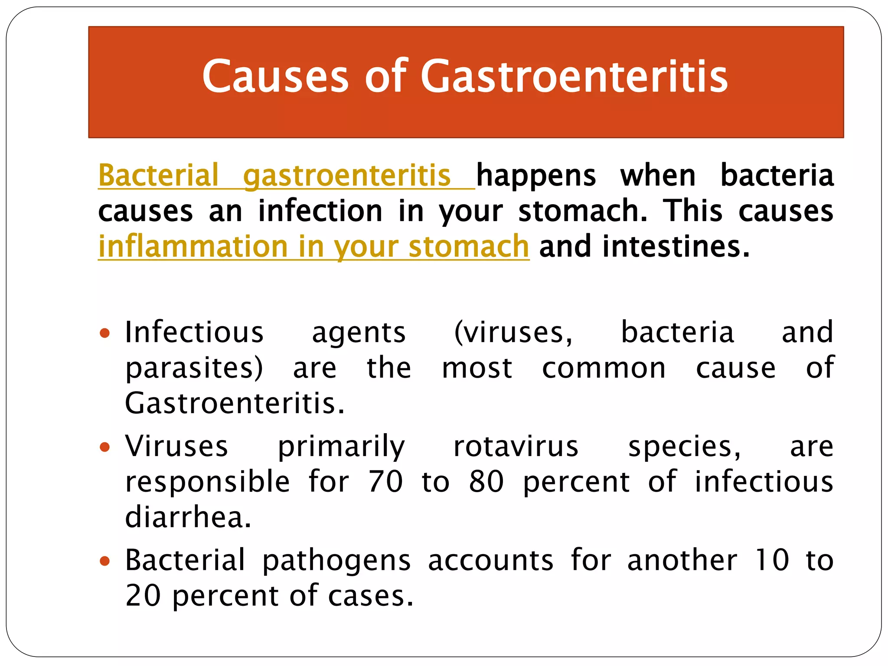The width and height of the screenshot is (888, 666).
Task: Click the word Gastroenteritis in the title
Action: point(574,76)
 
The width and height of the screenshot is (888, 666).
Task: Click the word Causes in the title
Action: point(275,76)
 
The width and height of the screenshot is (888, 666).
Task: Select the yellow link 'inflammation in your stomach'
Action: point(313,246)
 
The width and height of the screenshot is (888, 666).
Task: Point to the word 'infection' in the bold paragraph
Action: point(320,211)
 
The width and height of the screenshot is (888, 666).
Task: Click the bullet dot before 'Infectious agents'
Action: point(104,333)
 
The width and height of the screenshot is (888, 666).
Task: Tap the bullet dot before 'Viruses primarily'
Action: point(104,447)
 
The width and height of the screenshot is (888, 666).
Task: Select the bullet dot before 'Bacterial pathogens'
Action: point(104,561)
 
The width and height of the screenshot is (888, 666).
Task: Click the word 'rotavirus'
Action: point(516,447)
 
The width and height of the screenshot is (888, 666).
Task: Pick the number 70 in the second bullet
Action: point(385,482)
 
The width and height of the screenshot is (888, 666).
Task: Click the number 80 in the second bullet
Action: point(486,482)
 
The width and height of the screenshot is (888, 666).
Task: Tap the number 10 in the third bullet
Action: point(771,560)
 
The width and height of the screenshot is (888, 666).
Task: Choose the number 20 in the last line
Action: point(143,596)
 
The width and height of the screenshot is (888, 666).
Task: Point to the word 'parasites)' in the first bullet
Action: point(194,369)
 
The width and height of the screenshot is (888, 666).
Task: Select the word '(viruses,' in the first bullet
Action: point(513,333)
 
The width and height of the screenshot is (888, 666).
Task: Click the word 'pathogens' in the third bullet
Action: point(336,561)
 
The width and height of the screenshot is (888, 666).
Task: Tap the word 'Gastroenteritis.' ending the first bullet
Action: point(235,403)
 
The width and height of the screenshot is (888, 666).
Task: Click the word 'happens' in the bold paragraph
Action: point(536,175)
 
